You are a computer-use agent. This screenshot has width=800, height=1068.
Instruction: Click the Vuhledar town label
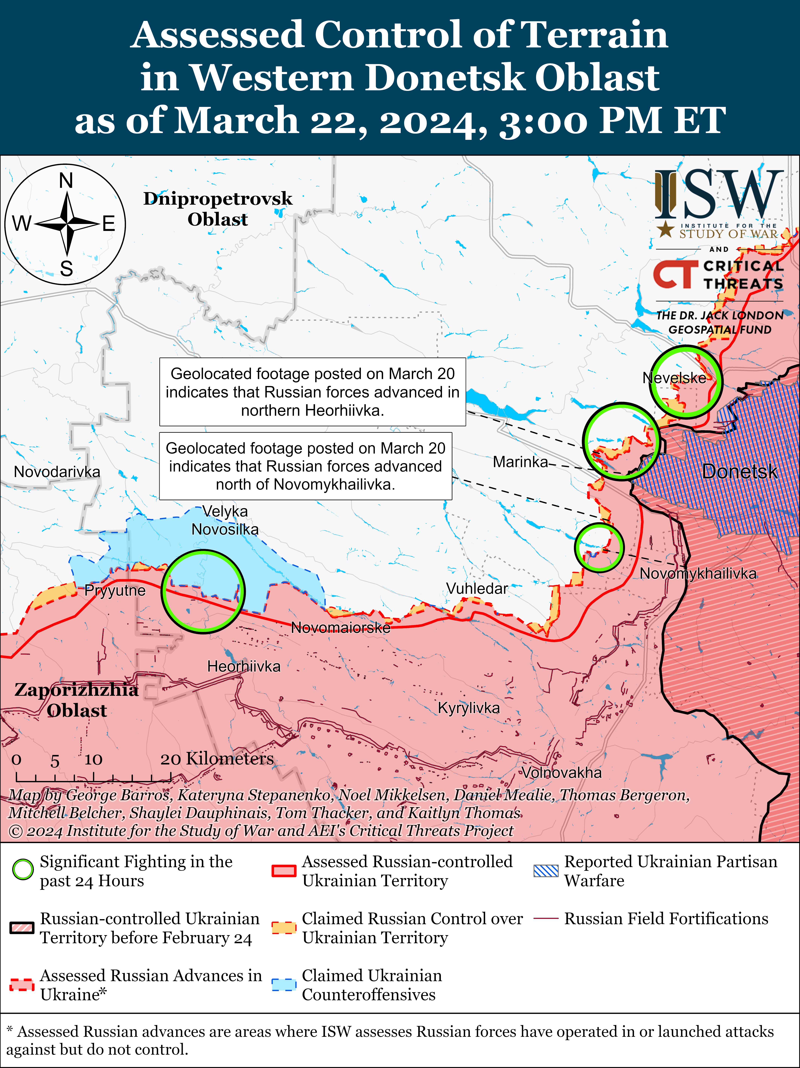(x=477, y=588)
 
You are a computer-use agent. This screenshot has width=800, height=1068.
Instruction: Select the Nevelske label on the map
(x=674, y=378)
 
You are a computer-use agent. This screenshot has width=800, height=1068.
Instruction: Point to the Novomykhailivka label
(x=698, y=574)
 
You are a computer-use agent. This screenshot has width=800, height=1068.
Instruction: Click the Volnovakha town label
(x=562, y=773)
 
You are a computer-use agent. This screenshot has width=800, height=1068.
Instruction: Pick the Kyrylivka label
(x=468, y=708)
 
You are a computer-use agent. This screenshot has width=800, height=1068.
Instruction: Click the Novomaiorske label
(x=340, y=628)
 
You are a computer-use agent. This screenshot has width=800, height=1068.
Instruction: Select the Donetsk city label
(x=739, y=471)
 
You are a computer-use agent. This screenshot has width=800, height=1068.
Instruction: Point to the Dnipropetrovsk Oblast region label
(x=218, y=209)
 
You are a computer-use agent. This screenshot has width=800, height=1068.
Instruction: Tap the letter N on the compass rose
(x=66, y=181)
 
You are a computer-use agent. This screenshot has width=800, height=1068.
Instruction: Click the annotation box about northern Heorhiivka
(x=312, y=392)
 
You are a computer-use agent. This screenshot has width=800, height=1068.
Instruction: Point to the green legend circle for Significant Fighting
(x=23, y=870)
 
